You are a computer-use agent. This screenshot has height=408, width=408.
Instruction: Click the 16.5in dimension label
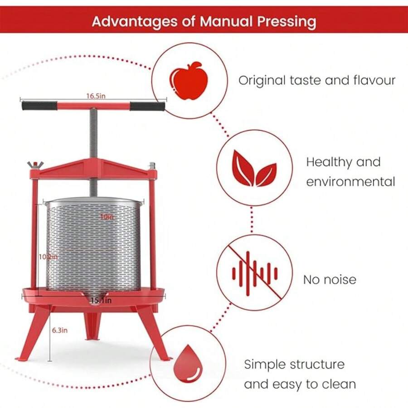[94, 96]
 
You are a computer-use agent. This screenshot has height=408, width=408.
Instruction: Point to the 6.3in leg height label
[59, 330]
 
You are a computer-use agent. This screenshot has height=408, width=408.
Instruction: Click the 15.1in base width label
[101, 300]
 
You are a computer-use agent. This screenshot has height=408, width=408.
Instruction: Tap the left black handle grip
[39, 106]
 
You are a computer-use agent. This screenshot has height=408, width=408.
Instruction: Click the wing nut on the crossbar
[33, 164]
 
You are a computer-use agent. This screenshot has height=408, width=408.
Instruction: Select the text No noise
[330, 279]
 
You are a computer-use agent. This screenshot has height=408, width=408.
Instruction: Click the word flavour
[374, 81]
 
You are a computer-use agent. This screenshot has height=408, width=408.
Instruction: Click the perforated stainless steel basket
[94, 245]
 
